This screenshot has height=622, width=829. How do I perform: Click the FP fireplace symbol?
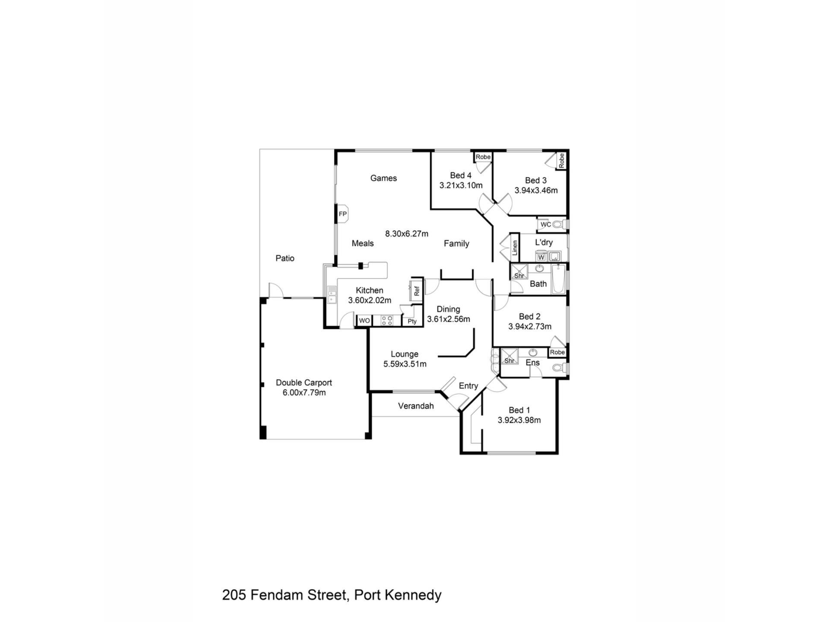pos(342,214)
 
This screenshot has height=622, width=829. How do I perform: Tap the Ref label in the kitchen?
pos(417,291)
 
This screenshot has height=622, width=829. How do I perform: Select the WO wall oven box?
pos(364,321)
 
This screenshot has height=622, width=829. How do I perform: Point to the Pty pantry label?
pos(412,321)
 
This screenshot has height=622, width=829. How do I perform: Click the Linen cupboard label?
pos(515,248)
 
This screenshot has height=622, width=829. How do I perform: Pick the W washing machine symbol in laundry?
pos(541,257)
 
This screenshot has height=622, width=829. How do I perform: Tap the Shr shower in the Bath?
pos(519,272)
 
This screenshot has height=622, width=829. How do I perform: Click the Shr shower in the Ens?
pos(509,357)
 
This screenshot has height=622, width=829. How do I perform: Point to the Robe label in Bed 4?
pos(483,157)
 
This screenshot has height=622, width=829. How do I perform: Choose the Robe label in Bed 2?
pos(557,352)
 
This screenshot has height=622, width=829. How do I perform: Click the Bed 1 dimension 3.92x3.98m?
pos(519,420)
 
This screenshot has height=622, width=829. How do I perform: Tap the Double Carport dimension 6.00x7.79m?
pos(304,393)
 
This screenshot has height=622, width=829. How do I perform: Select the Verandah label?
pos(416,406)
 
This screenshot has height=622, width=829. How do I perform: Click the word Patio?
pos(285,258)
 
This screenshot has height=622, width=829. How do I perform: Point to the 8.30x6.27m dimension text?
pos(407,234)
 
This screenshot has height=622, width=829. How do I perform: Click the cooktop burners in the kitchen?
pos(387,321)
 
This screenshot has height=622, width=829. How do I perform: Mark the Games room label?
pos(383,178)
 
